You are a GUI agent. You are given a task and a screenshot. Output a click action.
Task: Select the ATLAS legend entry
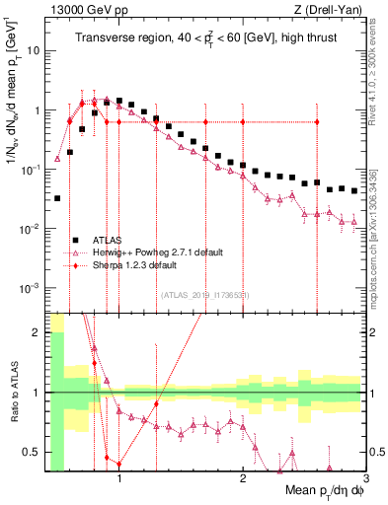pyautogui.click(x=108, y=240)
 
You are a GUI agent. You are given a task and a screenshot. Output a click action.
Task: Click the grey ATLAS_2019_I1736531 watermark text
pyautogui.click(x=205, y=294)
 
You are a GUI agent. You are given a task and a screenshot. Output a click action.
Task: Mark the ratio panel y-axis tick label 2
pyautogui.click(x=37, y=331)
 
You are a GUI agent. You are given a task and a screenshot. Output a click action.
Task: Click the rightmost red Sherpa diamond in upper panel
pyautogui.click(x=317, y=121)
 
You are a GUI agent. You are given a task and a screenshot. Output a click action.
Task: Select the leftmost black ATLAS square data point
pyautogui.click(x=57, y=198)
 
